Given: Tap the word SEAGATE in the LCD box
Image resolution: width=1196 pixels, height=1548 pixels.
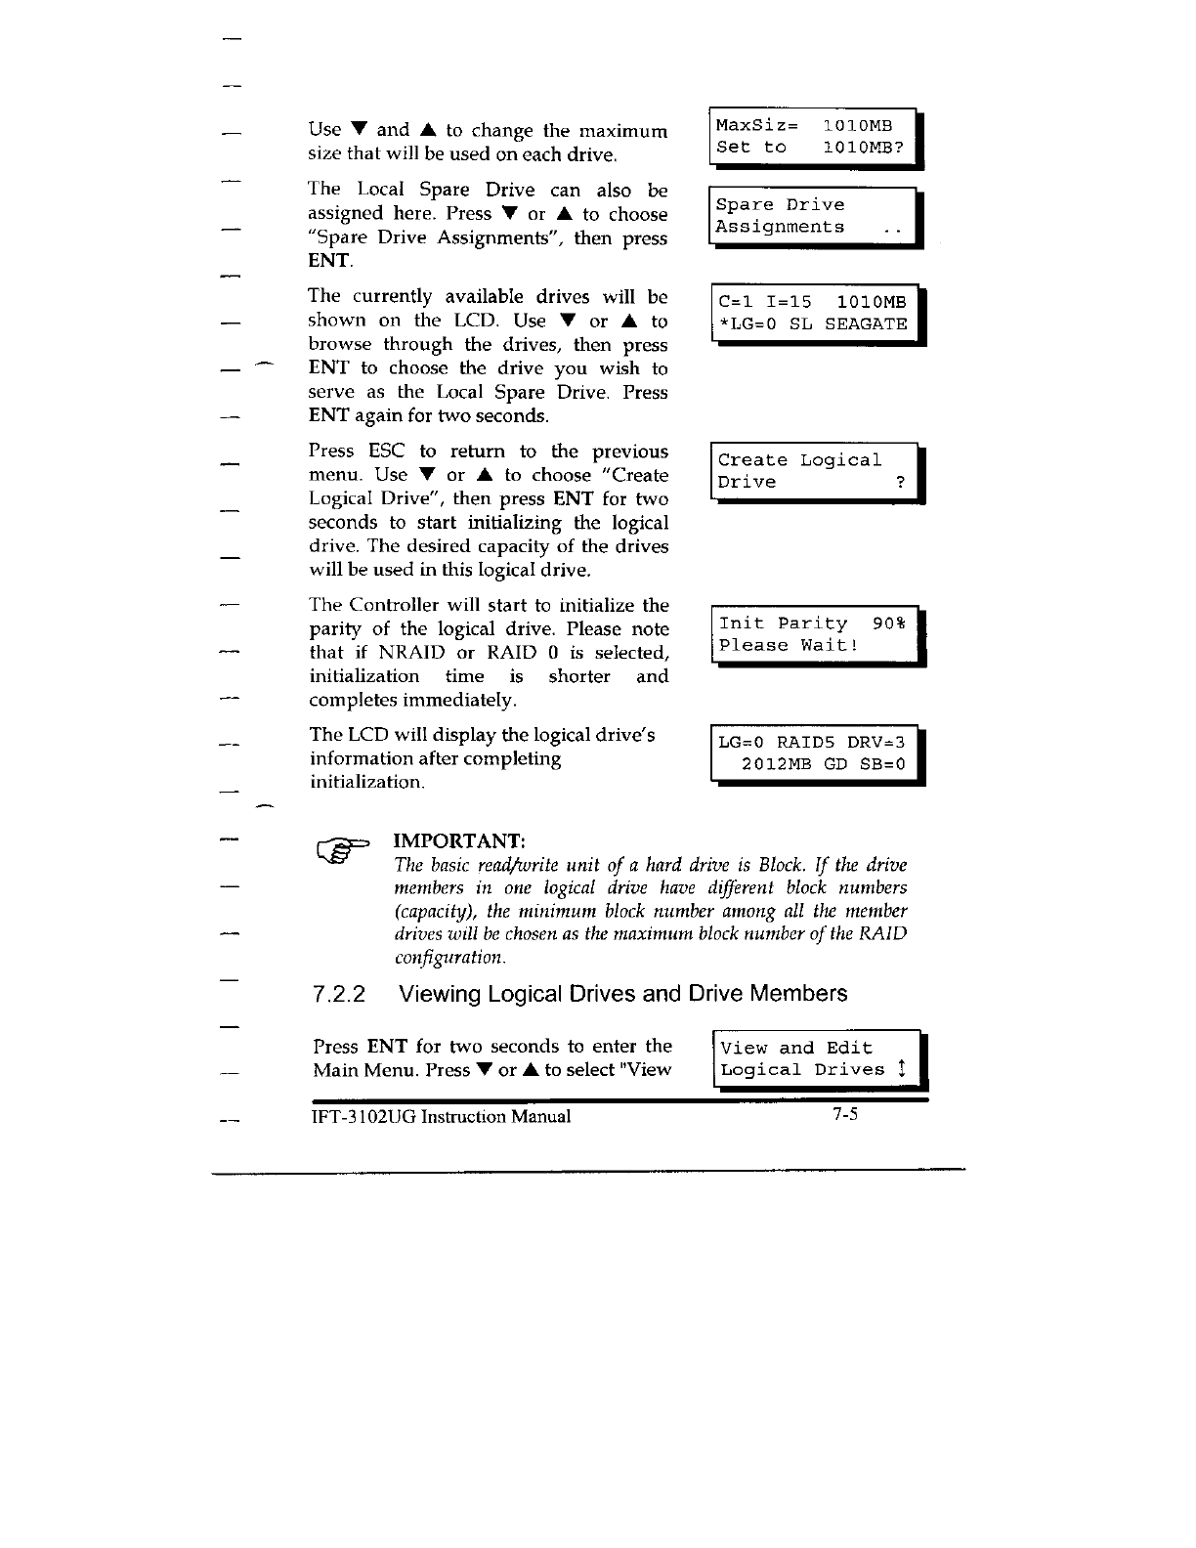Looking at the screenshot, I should (x=866, y=323).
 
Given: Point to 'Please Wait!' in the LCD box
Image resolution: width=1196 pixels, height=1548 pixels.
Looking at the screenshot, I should (x=789, y=645).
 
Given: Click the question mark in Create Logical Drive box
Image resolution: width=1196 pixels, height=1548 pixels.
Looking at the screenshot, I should (x=900, y=482).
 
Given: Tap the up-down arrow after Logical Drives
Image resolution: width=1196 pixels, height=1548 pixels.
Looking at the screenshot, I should (x=902, y=1069).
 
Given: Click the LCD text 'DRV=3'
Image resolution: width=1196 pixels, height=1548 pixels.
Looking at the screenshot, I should (x=876, y=743).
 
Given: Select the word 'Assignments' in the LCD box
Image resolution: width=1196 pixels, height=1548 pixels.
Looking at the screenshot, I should (x=780, y=227).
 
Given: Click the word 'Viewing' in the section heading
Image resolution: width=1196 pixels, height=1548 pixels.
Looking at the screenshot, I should (x=440, y=994).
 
